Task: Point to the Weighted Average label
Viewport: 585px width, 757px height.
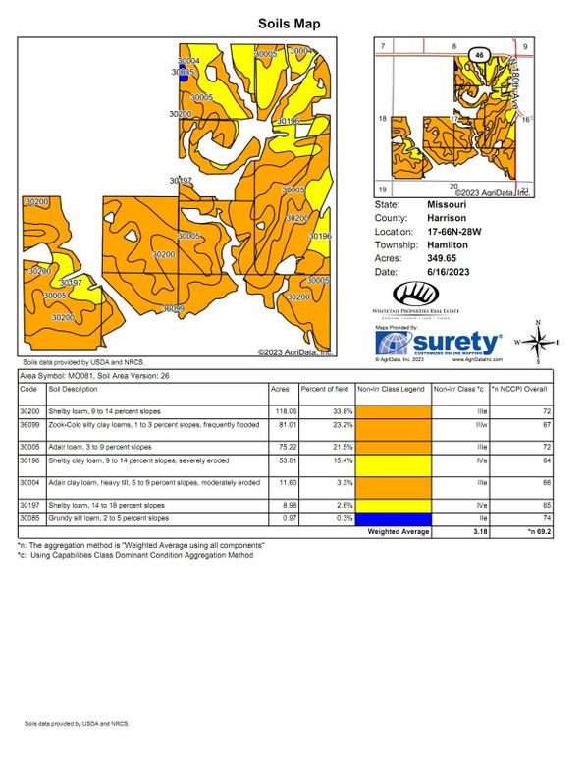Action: pos(399,531)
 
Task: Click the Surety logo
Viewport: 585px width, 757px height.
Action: pos(441,343)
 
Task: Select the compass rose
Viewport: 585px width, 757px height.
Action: pos(538,342)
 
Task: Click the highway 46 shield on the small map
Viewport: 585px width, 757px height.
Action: pos(478,54)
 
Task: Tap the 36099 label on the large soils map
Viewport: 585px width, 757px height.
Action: pos(173,308)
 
